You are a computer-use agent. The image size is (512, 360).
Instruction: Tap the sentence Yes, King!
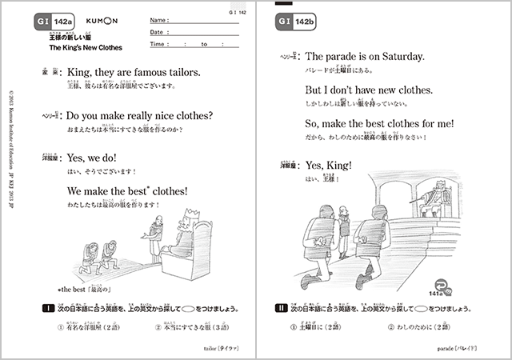330,166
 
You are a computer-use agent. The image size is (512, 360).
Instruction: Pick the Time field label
158,45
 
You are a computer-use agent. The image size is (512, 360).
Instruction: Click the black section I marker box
40,308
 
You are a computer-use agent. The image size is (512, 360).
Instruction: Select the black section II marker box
280,308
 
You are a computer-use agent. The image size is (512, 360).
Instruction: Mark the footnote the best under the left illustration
69,287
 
